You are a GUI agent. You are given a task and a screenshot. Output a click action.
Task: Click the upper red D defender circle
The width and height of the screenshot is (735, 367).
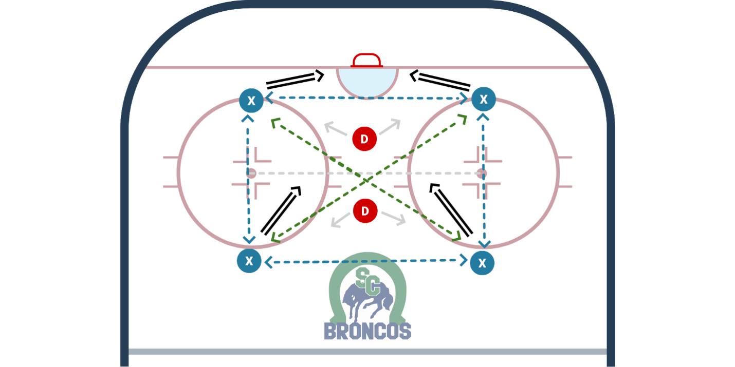(x=364, y=139)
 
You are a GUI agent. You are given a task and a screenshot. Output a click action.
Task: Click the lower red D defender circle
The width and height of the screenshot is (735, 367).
(x=365, y=211)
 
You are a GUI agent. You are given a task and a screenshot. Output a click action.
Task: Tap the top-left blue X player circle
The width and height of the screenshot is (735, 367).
(x=251, y=101)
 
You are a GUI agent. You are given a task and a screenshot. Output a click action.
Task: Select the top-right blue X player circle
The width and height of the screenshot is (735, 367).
(x=484, y=100)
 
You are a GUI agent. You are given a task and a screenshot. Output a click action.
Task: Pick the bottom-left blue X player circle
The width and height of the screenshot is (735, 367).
(x=249, y=261)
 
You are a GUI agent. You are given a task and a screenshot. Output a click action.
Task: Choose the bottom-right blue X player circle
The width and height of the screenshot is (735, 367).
(x=482, y=263)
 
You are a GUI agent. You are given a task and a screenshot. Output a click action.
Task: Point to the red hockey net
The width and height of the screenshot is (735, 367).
(x=367, y=60)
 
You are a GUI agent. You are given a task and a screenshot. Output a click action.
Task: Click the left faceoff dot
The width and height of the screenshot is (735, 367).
(x=251, y=173)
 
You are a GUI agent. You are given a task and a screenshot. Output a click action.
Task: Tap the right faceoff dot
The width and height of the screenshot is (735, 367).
(x=481, y=173)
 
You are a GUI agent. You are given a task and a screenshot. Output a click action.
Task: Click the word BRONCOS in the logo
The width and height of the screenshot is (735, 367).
(x=367, y=331)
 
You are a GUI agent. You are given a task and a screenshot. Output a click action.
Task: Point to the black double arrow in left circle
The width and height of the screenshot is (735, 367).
(x=281, y=210)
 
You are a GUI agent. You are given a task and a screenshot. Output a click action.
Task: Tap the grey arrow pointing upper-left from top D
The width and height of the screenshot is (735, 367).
(x=336, y=129)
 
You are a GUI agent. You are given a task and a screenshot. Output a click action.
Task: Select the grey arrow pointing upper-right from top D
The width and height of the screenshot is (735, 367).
(x=390, y=127)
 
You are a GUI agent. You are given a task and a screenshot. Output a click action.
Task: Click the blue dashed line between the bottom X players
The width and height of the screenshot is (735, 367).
(x=365, y=262)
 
